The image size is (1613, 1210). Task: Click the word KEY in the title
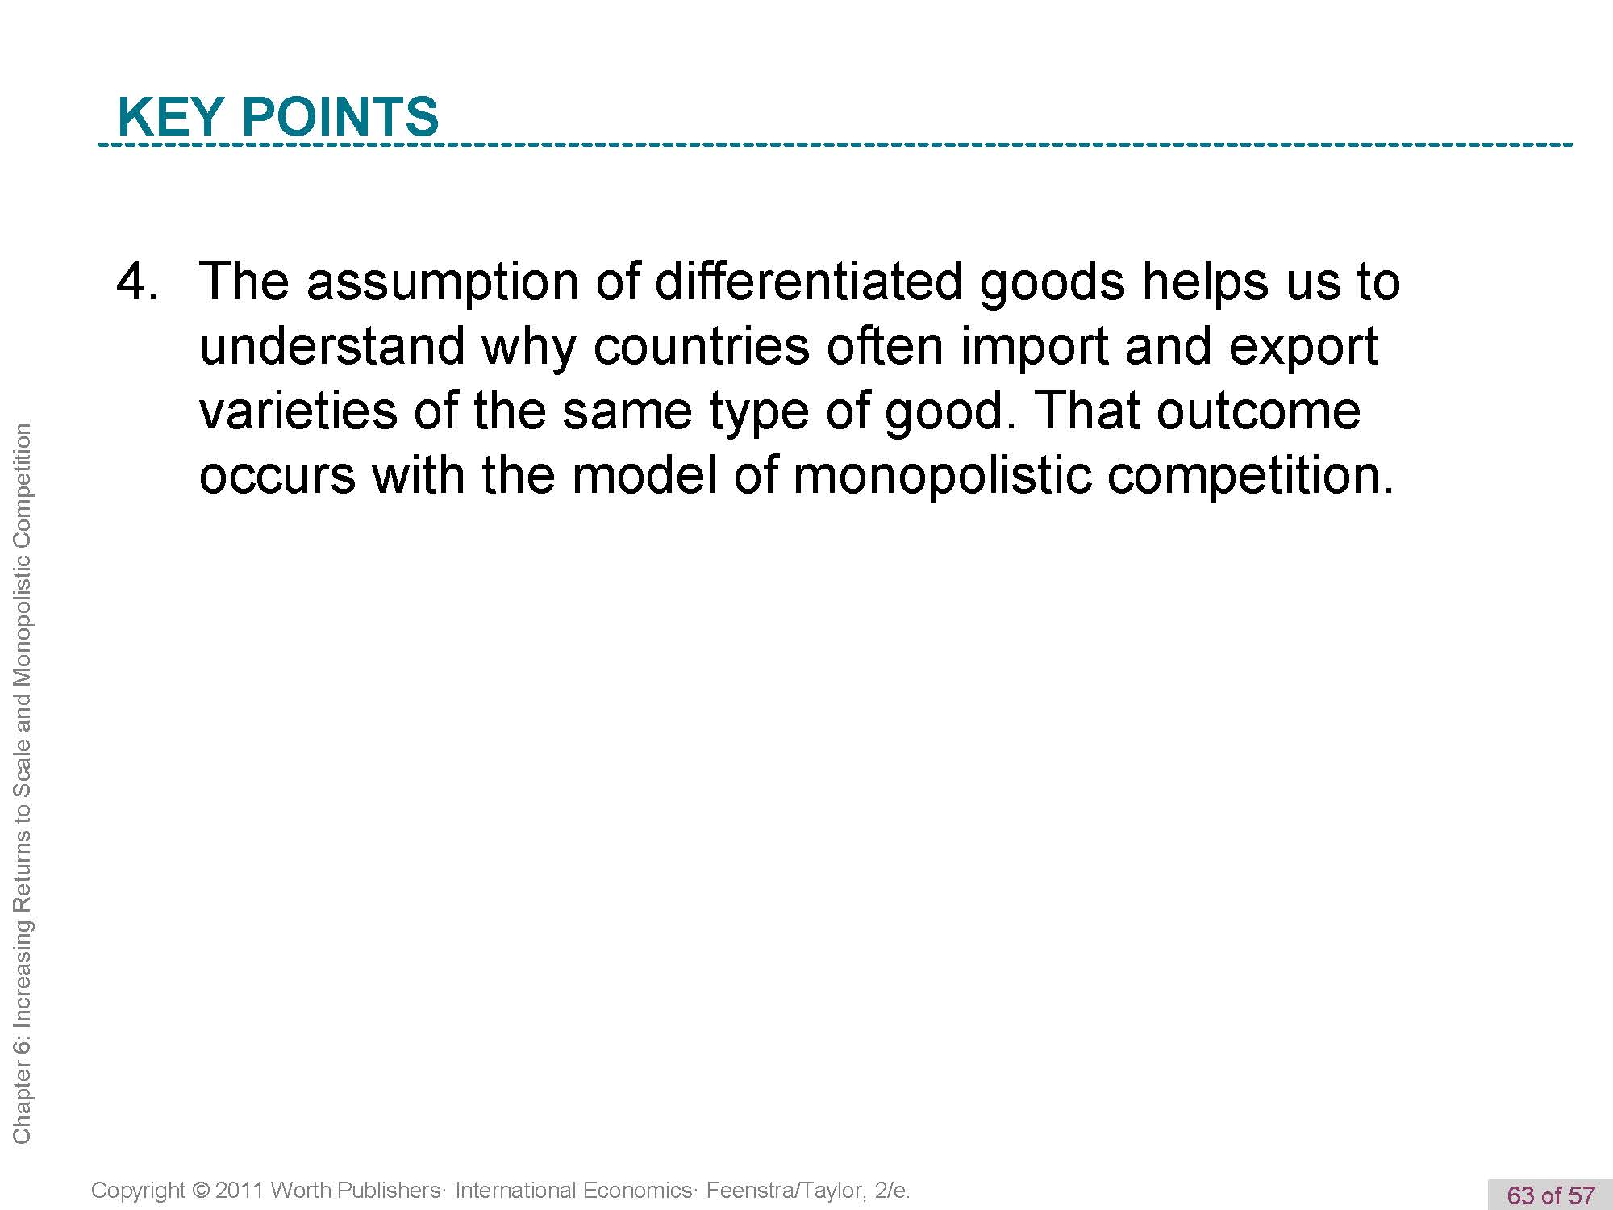(170, 116)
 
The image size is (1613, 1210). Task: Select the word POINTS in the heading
(340, 116)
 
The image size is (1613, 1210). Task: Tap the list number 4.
(137, 282)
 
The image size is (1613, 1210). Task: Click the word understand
(332, 346)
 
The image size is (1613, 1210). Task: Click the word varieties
(298, 411)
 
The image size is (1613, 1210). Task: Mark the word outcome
(1259, 412)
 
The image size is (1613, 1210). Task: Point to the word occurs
(277, 477)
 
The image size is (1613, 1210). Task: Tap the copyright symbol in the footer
(202, 1191)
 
